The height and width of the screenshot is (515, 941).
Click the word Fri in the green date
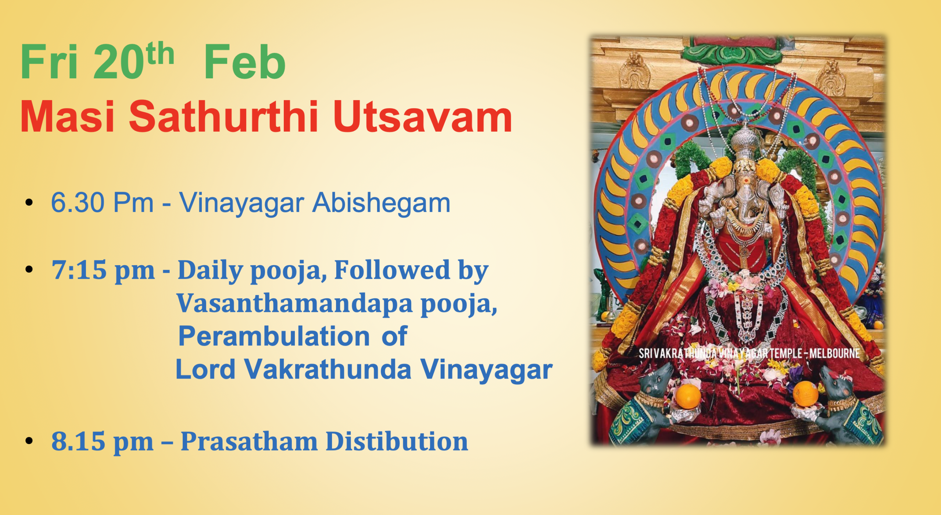49,62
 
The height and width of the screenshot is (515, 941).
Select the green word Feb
244,62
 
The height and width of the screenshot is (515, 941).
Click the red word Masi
67,117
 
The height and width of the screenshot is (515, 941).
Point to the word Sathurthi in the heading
223,117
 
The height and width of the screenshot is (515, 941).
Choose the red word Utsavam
422,117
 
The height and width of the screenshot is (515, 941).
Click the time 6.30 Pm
102,203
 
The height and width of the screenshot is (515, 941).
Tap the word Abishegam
381,203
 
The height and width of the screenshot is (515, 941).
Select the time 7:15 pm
103,270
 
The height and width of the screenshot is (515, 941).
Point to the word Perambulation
274,336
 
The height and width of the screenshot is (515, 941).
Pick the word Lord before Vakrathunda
205,369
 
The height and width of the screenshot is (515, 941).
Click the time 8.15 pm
102,441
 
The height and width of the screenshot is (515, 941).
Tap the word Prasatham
249,441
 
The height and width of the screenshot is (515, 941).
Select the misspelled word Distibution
397,441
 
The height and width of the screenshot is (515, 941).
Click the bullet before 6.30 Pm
29,203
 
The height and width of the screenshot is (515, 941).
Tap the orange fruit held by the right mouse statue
805,394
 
